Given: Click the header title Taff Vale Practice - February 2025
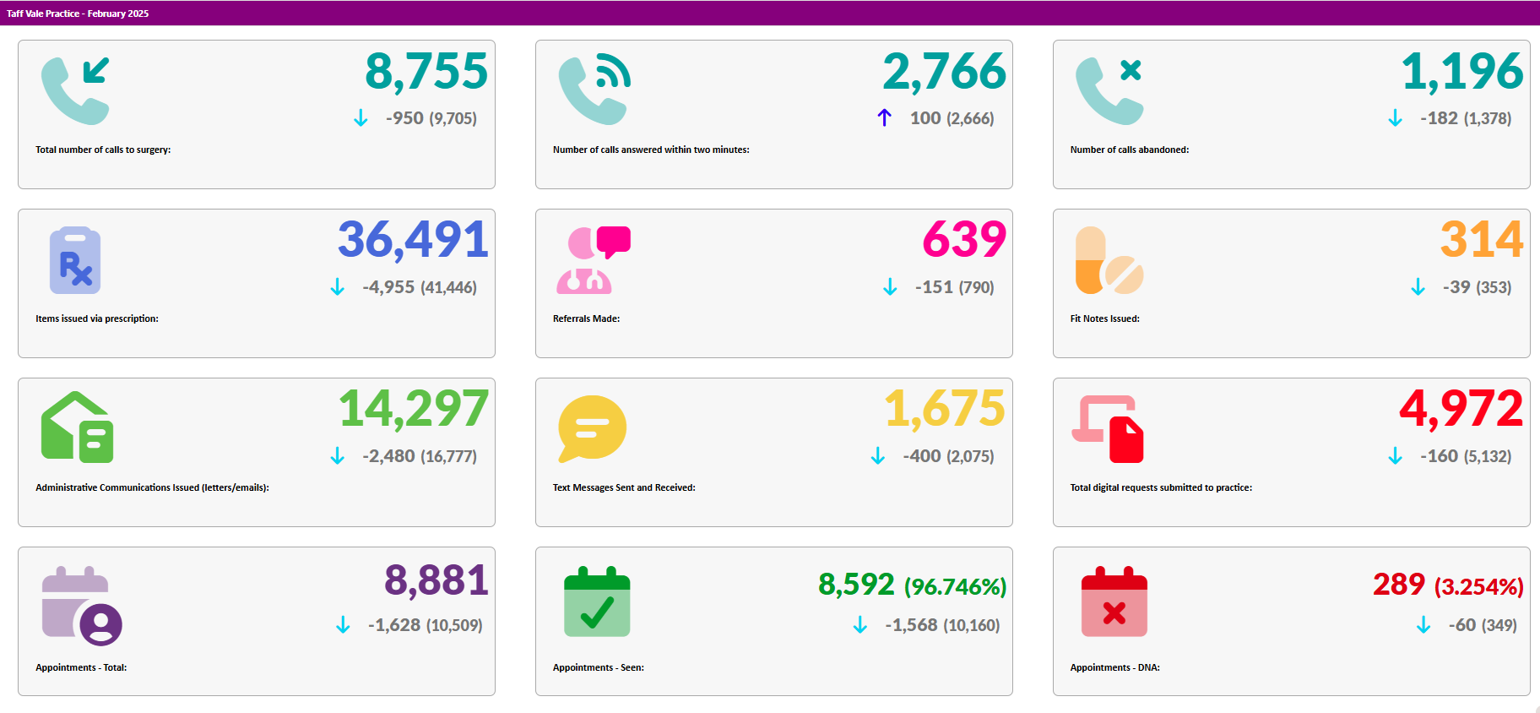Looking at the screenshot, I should coord(78,14).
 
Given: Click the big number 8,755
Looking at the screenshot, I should coord(426,72).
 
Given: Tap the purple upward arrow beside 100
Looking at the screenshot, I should coord(884,117).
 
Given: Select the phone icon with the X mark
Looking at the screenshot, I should coord(1109,90).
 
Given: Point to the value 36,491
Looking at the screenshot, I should coord(413,240).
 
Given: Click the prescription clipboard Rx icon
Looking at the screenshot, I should coord(75,260).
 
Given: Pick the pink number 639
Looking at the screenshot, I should coord(964,240).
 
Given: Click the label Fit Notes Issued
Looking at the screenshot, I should coord(1104,318).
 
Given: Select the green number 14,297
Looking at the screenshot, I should coord(414,409).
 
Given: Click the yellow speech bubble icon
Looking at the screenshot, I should coord(592,428).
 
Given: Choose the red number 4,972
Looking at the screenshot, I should coord(1461,409).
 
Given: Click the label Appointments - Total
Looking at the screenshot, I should coord(81,667).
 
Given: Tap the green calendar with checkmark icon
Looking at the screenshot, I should coord(597,601).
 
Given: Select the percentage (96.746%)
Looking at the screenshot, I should coord(955,586).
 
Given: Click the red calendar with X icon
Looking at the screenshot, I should coord(1114,601).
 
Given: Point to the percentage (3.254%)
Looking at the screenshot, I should coord(1478,586).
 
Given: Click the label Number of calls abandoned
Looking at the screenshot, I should coord(1129,150).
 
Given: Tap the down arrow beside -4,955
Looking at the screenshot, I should coord(338,287).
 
